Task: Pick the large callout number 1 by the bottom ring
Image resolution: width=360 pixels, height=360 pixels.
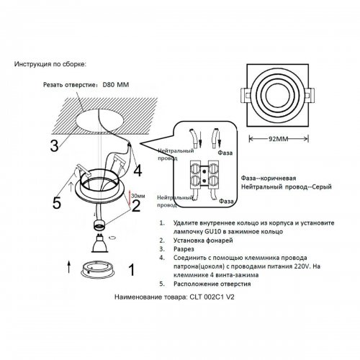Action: [x=130, y=270]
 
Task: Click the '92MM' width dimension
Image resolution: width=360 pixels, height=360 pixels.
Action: [x=274, y=138]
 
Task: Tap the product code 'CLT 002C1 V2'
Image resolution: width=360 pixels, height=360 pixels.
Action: [x=215, y=295]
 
